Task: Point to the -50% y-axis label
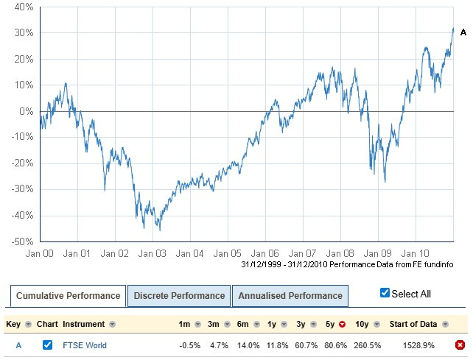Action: (x=21, y=241)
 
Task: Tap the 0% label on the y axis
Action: (x=27, y=111)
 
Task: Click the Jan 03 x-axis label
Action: (x=153, y=253)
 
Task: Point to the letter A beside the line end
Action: (x=463, y=32)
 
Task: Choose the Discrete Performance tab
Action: (x=179, y=296)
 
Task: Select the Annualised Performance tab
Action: (x=290, y=296)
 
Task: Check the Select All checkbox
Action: (x=385, y=293)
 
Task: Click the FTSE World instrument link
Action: (x=85, y=345)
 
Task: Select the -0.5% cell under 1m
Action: (x=191, y=345)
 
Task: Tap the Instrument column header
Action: (x=84, y=324)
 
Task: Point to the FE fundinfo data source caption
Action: (x=346, y=264)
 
